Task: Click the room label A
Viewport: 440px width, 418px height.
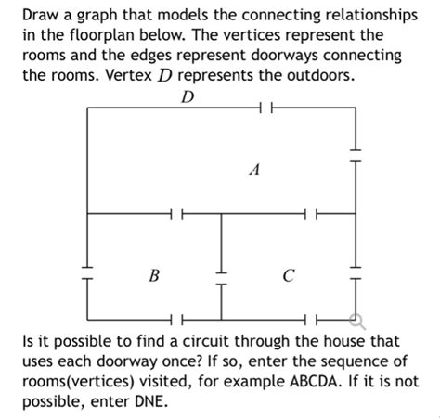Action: click(x=254, y=171)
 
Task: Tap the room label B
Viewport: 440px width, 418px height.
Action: click(x=153, y=275)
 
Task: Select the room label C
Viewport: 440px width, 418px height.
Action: click(x=290, y=275)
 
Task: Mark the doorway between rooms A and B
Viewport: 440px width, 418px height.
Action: click(x=175, y=214)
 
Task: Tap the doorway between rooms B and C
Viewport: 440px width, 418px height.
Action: click(x=221, y=276)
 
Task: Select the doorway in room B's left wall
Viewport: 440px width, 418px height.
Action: click(x=86, y=276)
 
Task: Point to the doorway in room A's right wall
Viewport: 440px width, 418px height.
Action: click(x=356, y=148)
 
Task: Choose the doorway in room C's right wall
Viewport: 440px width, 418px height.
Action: click(x=356, y=276)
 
